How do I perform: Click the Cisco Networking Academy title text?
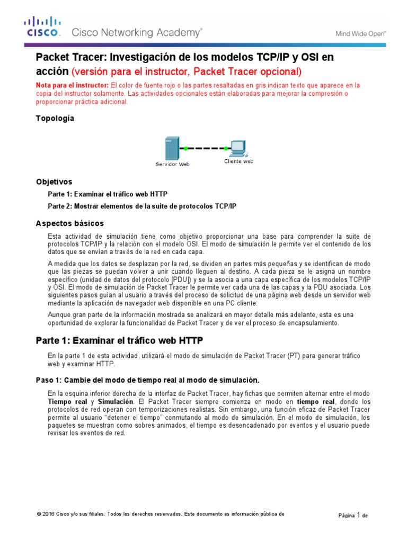click(137, 33)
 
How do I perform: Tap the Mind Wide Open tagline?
click(361, 34)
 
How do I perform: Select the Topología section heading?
click(55, 119)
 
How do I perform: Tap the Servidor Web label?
click(172, 165)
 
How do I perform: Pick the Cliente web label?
click(238, 161)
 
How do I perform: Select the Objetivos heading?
click(54, 182)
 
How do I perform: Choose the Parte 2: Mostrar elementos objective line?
click(142, 206)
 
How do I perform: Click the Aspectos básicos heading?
click(69, 223)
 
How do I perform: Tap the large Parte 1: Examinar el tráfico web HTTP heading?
click(119, 340)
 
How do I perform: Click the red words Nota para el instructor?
click(72, 85)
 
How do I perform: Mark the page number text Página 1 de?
click(353, 514)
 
